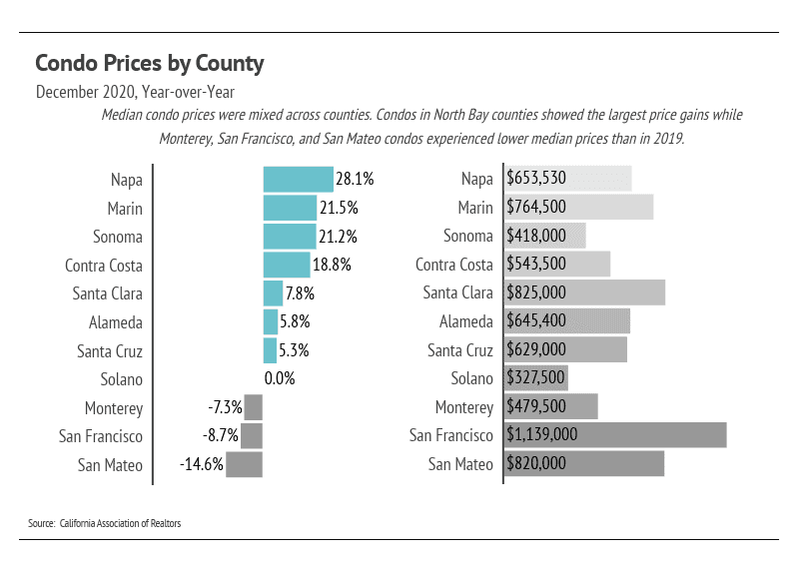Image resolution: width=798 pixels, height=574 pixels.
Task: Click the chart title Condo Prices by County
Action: [150, 64]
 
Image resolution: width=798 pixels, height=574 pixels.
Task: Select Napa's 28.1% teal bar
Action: [298, 180]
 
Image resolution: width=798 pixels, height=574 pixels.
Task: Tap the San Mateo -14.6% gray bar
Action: [244, 465]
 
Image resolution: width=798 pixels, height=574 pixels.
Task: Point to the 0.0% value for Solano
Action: [280, 379]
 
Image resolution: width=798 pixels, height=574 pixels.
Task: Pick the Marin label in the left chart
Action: [125, 209]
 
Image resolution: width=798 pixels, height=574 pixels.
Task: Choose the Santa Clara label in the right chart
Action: [457, 293]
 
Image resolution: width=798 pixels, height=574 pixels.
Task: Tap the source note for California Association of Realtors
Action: [105, 523]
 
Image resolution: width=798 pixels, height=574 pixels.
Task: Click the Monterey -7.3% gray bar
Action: [253, 408]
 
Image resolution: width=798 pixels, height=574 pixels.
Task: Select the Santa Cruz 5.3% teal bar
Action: [270, 351]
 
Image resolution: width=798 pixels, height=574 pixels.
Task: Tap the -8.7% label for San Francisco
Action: [223, 436]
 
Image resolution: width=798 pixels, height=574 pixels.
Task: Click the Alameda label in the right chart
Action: [466, 322]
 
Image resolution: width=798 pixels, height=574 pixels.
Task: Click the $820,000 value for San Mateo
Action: [537, 464]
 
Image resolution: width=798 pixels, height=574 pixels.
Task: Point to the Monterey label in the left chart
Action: [114, 408]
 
